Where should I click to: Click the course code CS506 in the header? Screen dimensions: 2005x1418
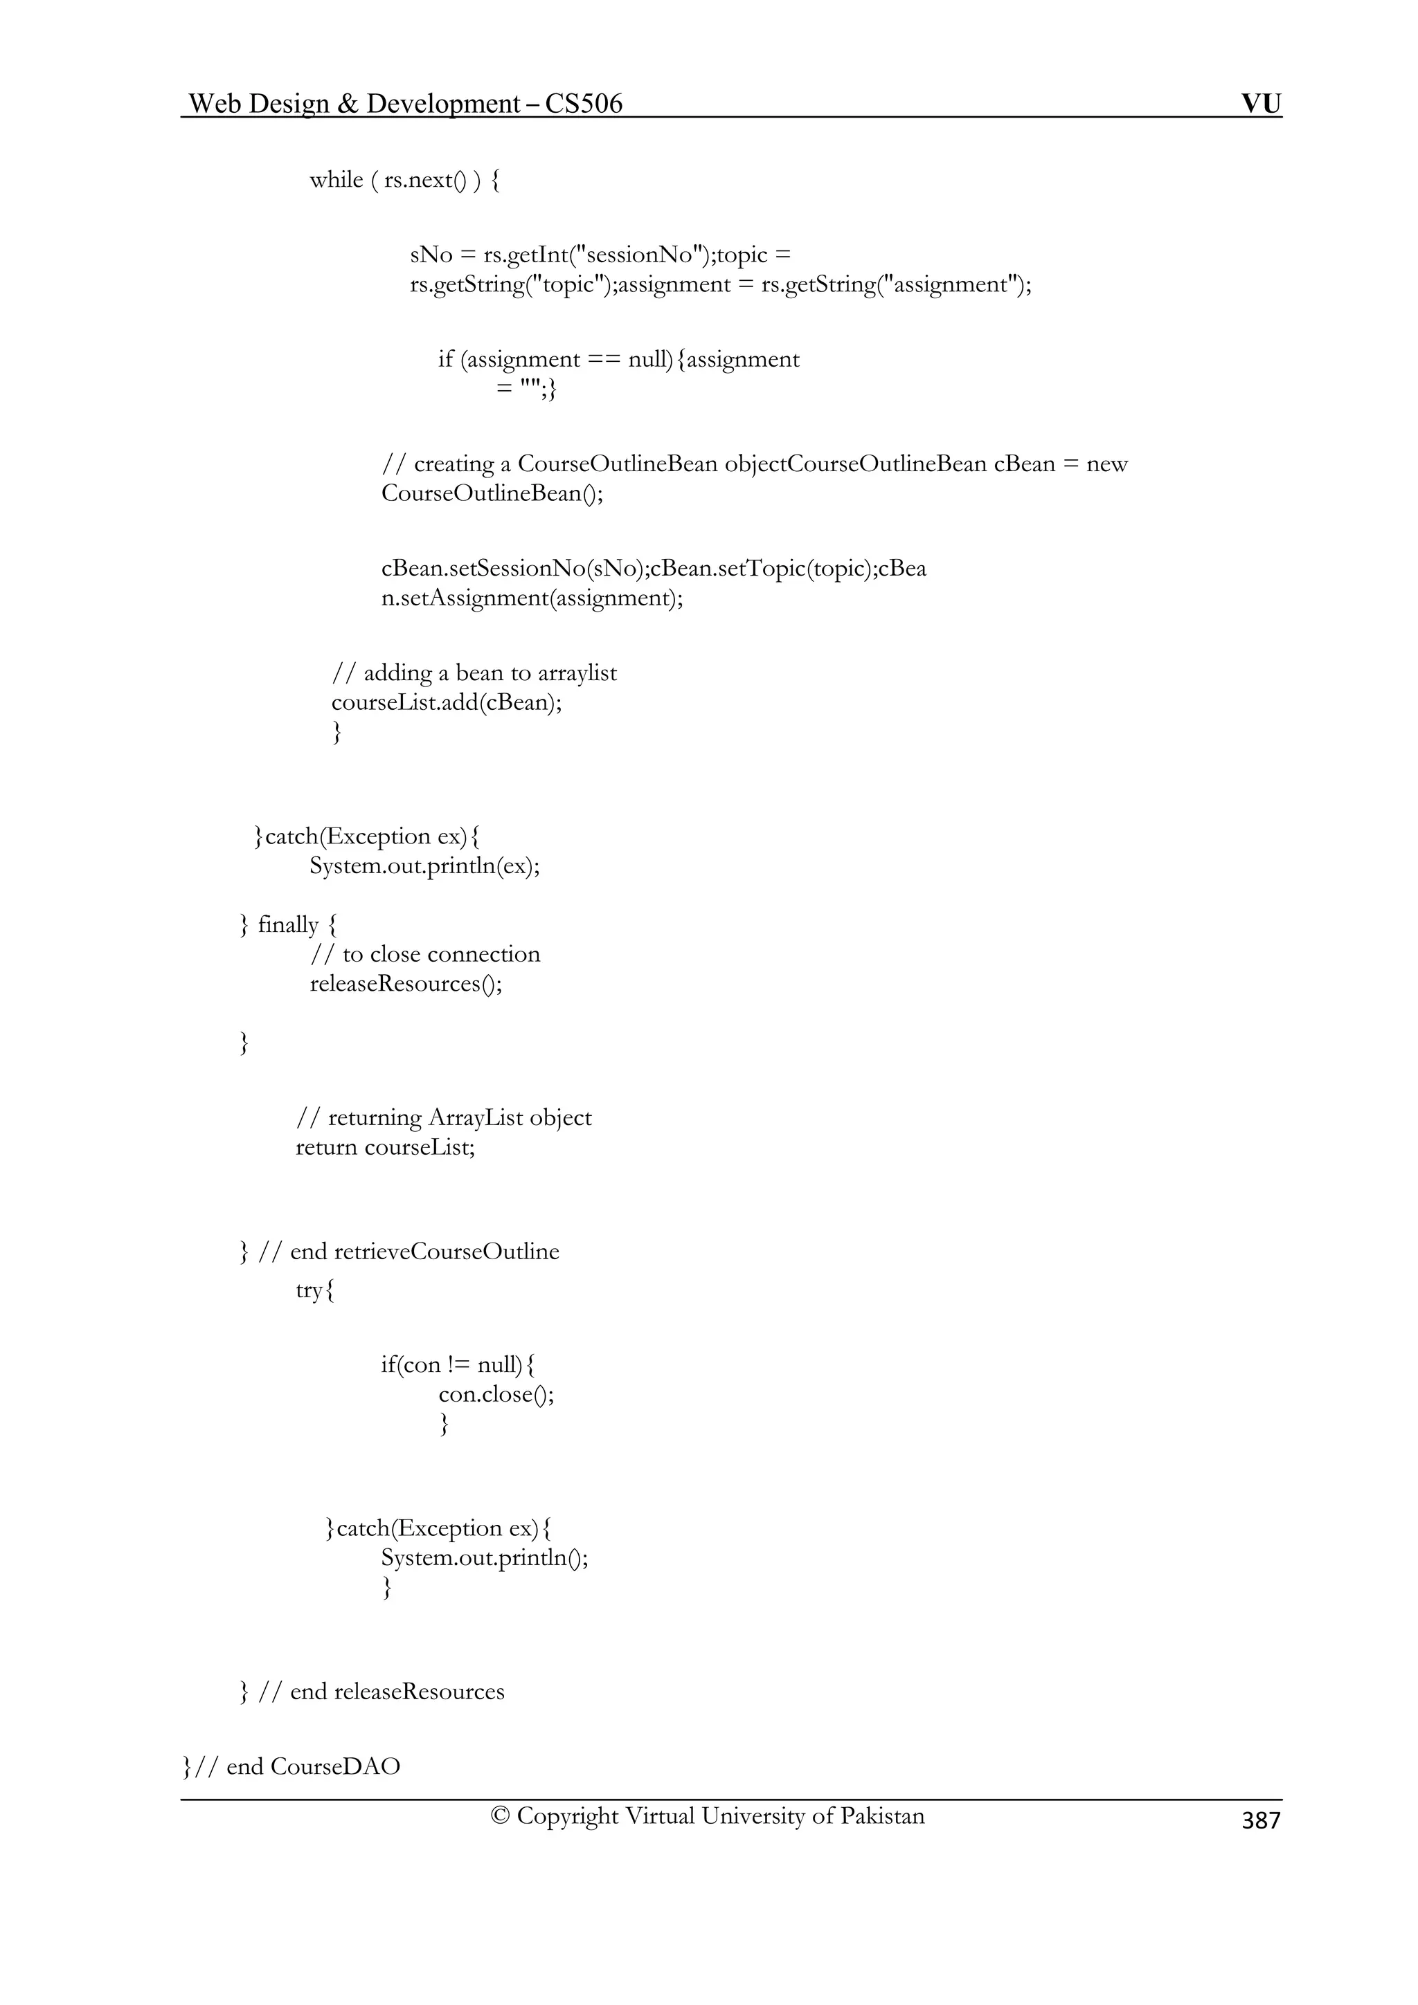[584, 104]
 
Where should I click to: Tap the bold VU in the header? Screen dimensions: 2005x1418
[1261, 104]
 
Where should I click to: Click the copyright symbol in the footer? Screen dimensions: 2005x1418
[500, 1816]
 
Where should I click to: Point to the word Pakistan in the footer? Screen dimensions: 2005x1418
[881, 1816]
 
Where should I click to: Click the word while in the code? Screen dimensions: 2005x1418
[336, 180]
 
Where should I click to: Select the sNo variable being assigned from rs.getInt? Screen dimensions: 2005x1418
[431, 255]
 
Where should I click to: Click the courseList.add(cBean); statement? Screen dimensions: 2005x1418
[447, 703]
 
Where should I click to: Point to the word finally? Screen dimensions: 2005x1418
[288, 925]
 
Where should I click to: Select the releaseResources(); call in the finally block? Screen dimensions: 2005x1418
[406, 984]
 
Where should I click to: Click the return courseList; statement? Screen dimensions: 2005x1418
[385, 1148]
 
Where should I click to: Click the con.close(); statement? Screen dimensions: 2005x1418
[496, 1395]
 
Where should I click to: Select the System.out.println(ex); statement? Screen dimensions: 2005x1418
[424, 866]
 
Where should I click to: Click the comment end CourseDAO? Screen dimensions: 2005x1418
[313, 1766]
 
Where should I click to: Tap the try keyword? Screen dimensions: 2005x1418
[309, 1290]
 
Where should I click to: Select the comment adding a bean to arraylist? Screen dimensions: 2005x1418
[474, 673]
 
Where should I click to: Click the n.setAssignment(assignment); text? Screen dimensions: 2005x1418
[532, 598]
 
